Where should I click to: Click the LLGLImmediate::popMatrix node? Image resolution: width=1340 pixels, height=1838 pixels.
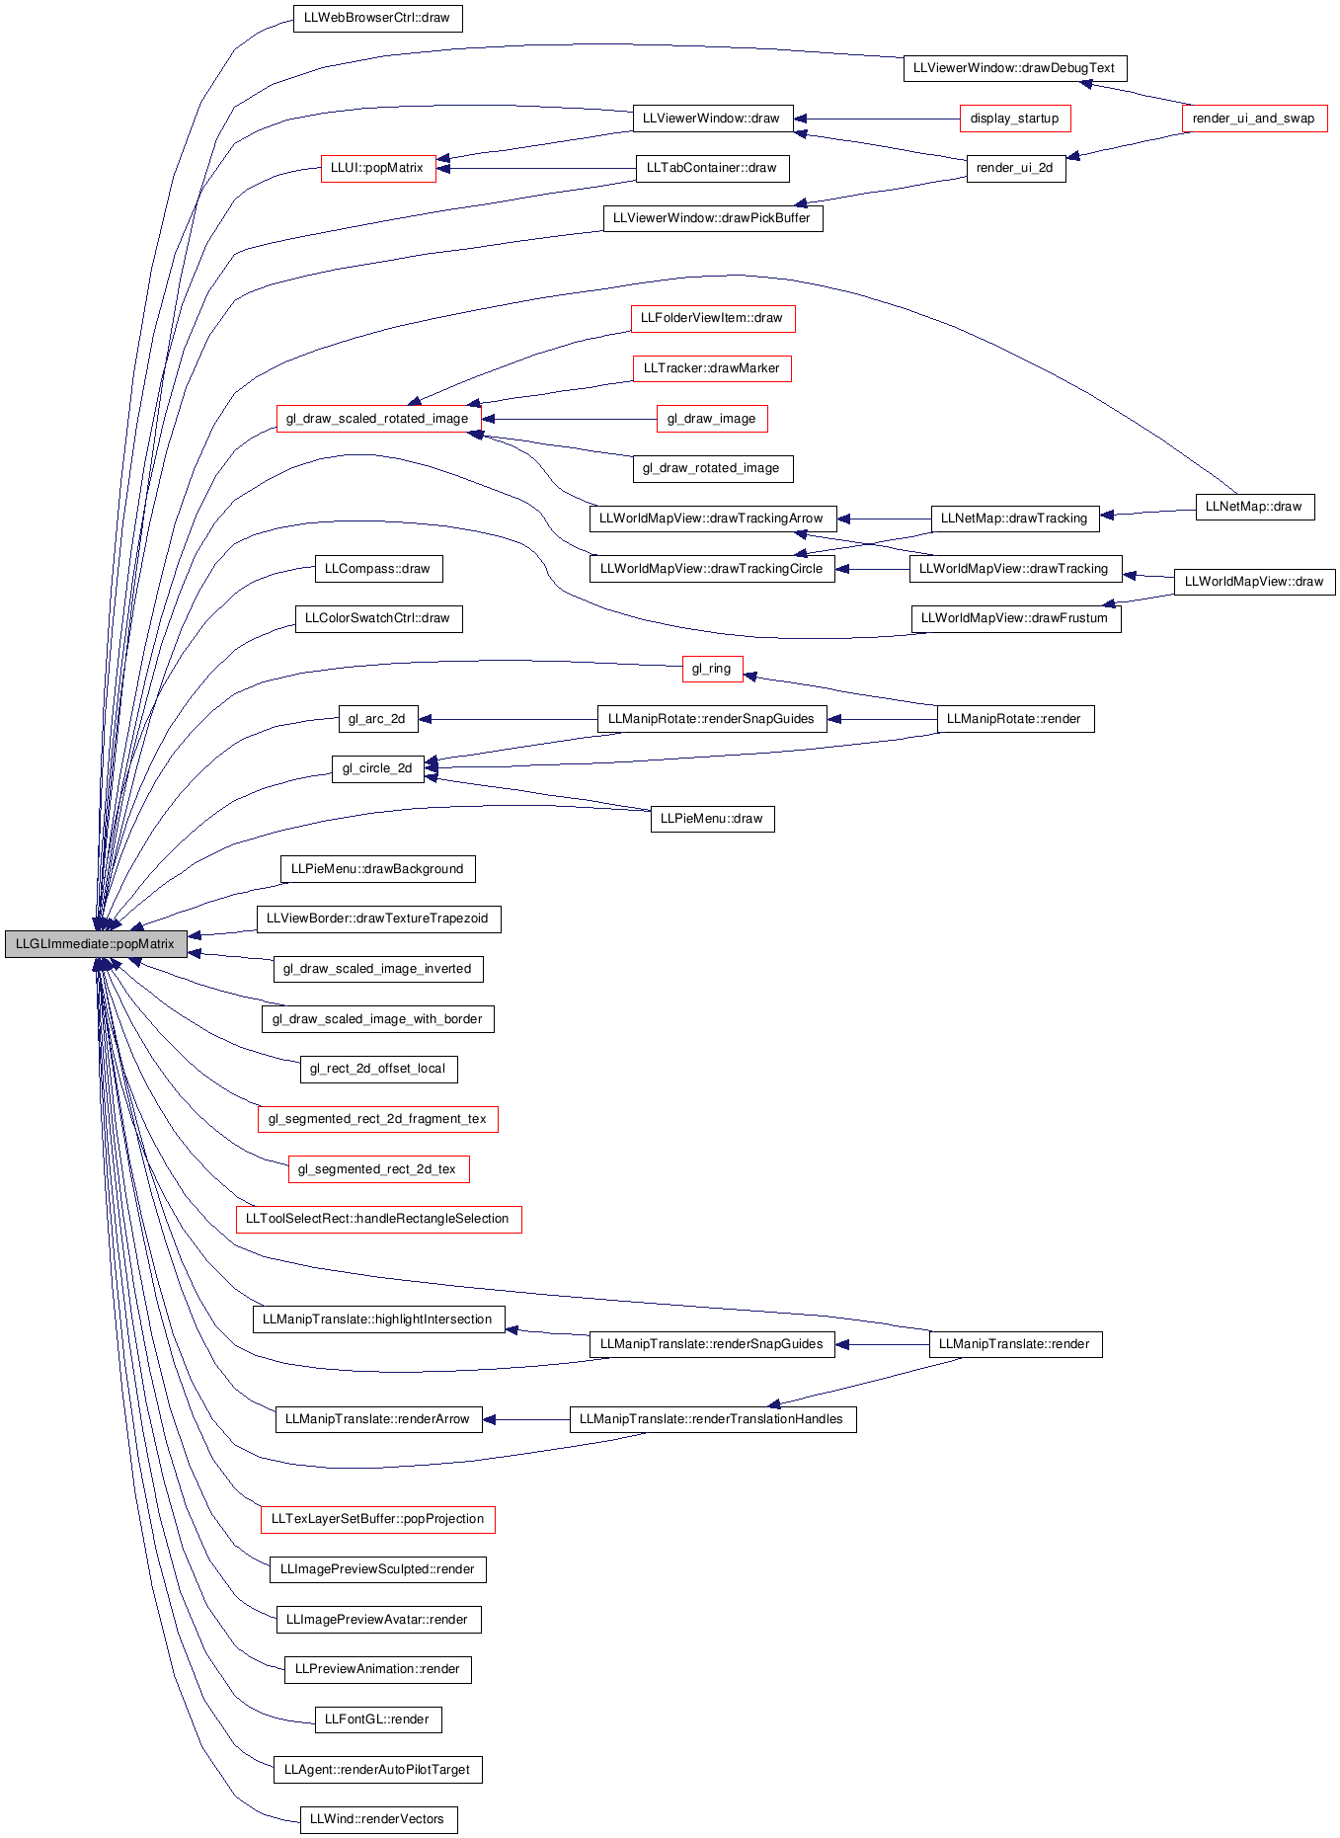click(x=96, y=944)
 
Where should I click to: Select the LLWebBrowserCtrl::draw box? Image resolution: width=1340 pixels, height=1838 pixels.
click(x=377, y=18)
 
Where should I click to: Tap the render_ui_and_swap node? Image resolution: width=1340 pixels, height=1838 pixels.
click(x=1254, y=119)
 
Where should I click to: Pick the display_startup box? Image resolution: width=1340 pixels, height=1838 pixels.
click(x=1014, y=119)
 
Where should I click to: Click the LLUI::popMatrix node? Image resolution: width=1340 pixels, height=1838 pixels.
click(x=377, y=168)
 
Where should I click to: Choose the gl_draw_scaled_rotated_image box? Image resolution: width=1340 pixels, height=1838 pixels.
click(x=378, y=419)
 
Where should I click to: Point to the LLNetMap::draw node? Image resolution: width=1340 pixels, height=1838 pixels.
click(x=1254, y=507)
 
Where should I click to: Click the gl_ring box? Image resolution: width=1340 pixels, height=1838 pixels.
click(x=712, y=669)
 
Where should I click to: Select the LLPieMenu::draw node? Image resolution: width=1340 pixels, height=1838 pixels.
click(x=712, y=819)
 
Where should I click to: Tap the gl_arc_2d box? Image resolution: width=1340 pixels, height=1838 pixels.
click(x=377, y=719)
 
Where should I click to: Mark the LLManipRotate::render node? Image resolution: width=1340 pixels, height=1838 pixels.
click(x=1015, y=719)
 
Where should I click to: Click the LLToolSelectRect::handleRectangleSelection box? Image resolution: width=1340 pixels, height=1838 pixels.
click(x=378, y=1219)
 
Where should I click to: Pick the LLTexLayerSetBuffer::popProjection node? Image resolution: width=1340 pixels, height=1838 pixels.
click(x=378, y=1519)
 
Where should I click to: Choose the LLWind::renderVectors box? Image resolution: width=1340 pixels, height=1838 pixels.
click(x=378, y=1819)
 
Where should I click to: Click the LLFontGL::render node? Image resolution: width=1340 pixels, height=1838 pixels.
click(x=377, y=1719)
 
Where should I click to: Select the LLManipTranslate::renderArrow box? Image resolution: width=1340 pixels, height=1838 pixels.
click(x=378, y=1419)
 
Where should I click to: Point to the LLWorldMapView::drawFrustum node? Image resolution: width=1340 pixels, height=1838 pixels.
click(x=1015, y=618)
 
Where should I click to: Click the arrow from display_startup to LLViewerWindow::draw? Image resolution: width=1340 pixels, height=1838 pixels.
click(x=877, y=119)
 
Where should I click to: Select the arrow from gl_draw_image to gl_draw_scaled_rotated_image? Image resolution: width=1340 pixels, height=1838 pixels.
click(x=569, y=419)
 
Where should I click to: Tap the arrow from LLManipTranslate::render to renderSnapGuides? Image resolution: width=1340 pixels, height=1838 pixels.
click(x=882, y=1344)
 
